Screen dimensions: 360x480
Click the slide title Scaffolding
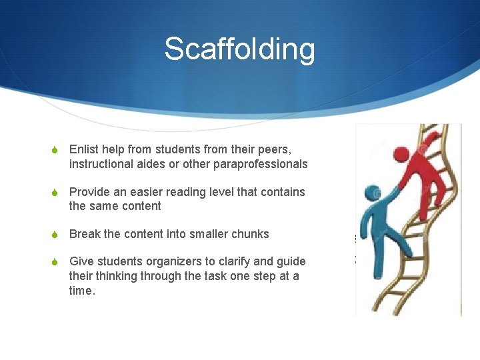pyautogui.click(x=239, y=49)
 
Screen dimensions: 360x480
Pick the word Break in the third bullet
pyautogui.click(x=84, y=234)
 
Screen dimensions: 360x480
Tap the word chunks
pyautogui.click(x=249, y=234)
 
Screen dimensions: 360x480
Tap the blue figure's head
pyautogui.click(x=373, y=194)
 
